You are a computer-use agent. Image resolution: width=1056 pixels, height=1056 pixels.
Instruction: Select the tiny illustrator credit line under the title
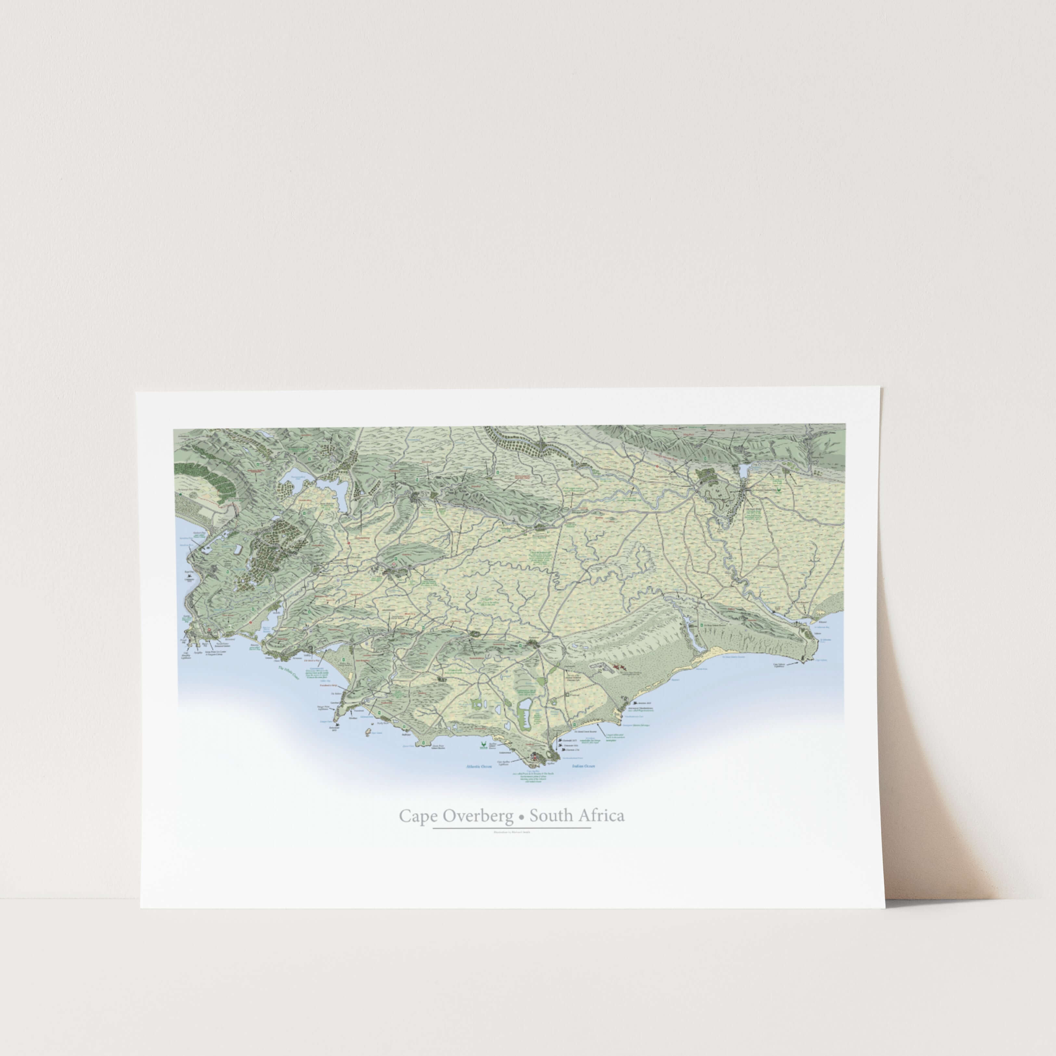[511, 848]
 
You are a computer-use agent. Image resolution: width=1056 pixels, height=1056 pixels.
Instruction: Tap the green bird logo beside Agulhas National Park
[483, 744]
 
